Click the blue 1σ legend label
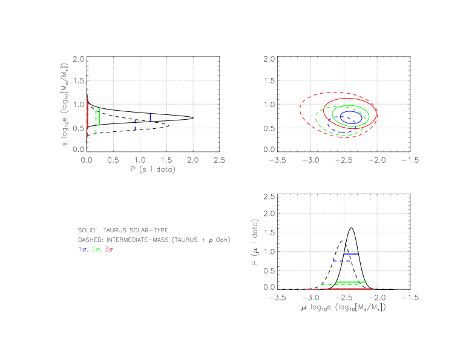pyautogui.click(x=83, y=249)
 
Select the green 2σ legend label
pyautogui.click(x=96, y=249)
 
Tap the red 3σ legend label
pyautogui.click(x=109, y=249)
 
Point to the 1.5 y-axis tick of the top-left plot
pyautogui.click(x=79, y=81)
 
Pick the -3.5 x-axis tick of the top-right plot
pyautogui.click(x=277, y=160)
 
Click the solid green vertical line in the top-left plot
pyautogui.click(x=99, y=116)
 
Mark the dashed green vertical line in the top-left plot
pyautogui.click(x=96, y=121)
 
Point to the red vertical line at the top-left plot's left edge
pyautogui.click(x=88, y=115)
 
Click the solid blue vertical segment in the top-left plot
pyautogui.click(x=149, y=117)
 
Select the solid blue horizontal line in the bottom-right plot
pyautogui.click(x=351, y=254)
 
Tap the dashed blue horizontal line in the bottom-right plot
pyautogui.click(x=341, y=261)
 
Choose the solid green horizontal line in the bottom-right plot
pyautogui.click(x=351, y=282)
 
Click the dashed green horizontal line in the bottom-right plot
pyautogui.click(x=339, y=284)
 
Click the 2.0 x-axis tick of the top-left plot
pyautogui.click(x=193, y=160)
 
